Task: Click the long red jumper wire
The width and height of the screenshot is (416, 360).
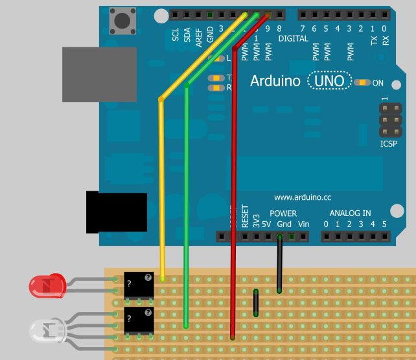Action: (x=233, y=195)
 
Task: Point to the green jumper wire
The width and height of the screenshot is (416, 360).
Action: (x=187, y=208)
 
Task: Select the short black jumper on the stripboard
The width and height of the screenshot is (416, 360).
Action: (x=257, y=302)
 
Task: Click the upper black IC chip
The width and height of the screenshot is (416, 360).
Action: (x=139, y=285)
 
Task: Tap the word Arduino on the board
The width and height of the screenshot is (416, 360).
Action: (x=275, y=81)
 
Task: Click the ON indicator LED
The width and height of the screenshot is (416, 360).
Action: (x=362, y=82)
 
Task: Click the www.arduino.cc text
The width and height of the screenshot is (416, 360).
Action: (x=303, y=197)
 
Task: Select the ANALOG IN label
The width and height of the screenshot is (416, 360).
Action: (x=350, y=213)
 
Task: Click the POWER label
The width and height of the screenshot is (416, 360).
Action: (x=283, y=213)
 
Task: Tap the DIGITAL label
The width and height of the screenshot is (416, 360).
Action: (x=294, y=38)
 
